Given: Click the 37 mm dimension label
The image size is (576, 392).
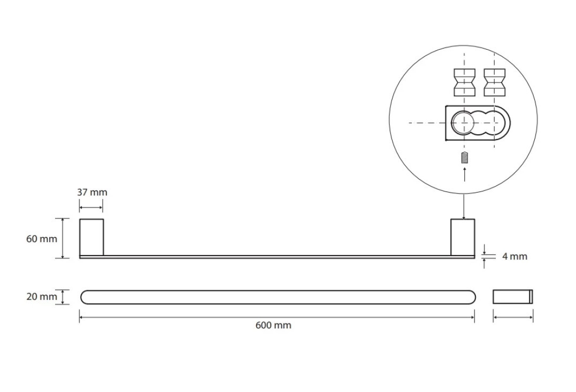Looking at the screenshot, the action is click(x=92, y=192).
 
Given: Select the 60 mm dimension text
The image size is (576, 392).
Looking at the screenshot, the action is click(x=42, y=239).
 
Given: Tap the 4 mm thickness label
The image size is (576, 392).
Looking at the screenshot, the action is click(x=514, y=257).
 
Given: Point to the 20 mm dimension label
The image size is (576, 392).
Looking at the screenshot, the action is click(x=42, y=296).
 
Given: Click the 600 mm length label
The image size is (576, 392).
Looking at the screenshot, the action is click(x=273, y=325).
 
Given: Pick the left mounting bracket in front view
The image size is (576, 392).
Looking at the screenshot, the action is click(x=91, y=237).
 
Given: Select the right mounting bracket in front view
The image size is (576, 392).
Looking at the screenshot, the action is click(x=463, y=237).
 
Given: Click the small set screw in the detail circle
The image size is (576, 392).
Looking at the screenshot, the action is click(x=465, y=158).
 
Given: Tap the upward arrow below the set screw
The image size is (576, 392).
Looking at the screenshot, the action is click(x=465, y=174).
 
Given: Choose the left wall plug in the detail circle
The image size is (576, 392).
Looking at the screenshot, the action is click(x=465, y=82).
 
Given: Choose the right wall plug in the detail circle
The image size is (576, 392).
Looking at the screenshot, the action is click(x=495, y=82).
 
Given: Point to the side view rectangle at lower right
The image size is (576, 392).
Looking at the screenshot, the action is click(x=513, y=296).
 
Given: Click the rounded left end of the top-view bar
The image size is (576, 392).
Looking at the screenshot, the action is click(x=81, y=297).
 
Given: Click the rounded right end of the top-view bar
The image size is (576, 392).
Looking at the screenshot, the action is click(x=475, y=297).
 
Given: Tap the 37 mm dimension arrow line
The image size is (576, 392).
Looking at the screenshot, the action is click(x=91, y=208).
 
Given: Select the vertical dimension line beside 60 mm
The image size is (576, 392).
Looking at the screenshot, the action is click(x=63, y=238).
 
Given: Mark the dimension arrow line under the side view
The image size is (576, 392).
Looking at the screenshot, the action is click(x=513, y=317).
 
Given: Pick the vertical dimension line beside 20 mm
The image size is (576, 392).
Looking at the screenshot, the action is click(x=63, y=297).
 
